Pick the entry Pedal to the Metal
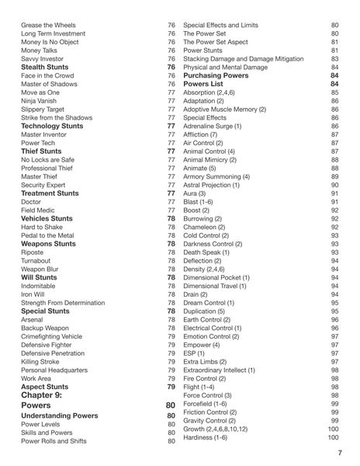pos(47,235)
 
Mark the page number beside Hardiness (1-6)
pos(333,436)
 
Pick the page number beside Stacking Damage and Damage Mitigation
pos(334,59)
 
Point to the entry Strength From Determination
pos(63,302)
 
